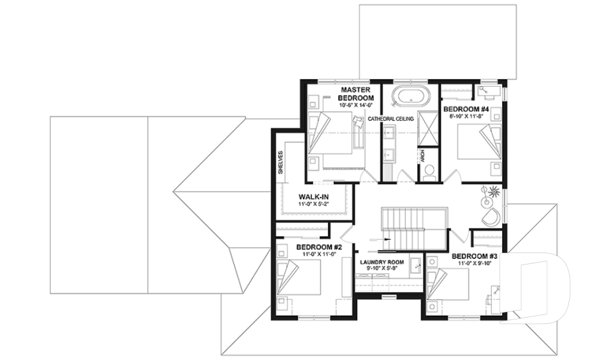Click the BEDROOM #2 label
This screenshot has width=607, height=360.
pos(319,247)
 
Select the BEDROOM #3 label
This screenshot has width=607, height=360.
pos(475,256)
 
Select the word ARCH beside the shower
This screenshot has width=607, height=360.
pos(422,156)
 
